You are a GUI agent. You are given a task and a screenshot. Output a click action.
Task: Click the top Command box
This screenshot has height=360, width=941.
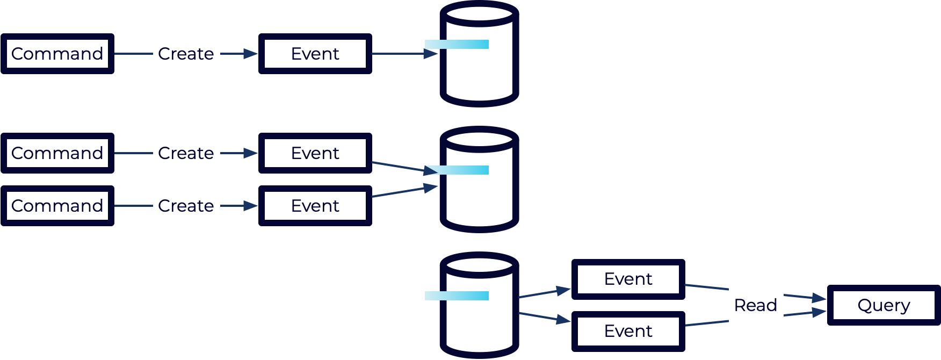coord(57,54)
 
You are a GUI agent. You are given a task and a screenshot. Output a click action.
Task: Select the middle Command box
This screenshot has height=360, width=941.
coord(57,153)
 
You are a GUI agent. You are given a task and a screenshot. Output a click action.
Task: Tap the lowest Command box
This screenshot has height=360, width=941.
coord(57,206)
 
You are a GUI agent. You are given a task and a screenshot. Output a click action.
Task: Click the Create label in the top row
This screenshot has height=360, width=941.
coord(186,54)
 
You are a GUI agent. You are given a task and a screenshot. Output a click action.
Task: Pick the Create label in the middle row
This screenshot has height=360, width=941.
coord(186,153)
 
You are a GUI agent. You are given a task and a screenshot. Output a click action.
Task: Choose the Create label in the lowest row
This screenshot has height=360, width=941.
coord(186,206)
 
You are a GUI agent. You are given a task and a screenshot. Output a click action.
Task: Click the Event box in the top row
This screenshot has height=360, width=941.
coord(315,54)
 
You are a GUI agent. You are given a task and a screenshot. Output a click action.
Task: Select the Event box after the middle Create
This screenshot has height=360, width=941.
coord(315,153)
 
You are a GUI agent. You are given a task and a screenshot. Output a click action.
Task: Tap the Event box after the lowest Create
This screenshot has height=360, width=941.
coord(315,206)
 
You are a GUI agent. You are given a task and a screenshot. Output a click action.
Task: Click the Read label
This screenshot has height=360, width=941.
coord(756,305)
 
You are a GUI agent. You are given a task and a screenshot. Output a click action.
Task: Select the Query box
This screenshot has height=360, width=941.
coord(884,305)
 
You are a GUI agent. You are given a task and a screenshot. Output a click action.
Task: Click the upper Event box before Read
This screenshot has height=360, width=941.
coord(628,279)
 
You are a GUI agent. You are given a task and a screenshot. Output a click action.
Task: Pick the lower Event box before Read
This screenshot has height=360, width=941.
coord(628,332)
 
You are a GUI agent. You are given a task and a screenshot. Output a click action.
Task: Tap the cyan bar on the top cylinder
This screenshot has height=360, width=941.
coord(457,44)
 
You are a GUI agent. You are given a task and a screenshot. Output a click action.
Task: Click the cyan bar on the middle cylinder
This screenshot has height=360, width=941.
coord(457,170)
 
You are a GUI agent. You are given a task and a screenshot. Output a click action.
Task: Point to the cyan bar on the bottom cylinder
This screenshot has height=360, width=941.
coord(457,296)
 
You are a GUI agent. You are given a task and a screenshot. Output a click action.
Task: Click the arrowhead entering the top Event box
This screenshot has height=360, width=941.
coord(251,54)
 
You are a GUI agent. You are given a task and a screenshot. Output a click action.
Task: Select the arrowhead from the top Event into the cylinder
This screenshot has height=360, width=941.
coord(431,54)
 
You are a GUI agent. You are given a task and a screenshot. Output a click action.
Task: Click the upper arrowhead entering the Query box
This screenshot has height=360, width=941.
coord(819,298)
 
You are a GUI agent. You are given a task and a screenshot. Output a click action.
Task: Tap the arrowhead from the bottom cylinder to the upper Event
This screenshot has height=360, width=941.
coord(563,291)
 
